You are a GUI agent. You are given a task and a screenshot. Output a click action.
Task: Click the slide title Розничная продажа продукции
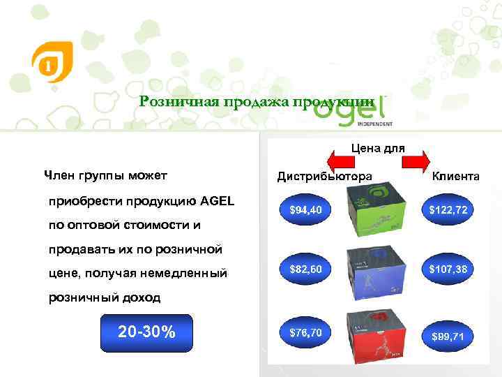coord(261,102)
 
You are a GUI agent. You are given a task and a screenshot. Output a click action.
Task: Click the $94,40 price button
coord(305,209)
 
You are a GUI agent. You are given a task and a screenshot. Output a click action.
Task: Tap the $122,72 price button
coord(449,209)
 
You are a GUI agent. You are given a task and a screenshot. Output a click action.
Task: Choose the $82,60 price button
coord(305,268)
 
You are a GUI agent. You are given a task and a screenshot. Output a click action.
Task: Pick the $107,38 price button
coord(449,268)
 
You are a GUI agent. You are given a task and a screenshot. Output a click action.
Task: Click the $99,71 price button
coord(449,336)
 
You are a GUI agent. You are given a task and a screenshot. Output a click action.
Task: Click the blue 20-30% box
coord(146,332)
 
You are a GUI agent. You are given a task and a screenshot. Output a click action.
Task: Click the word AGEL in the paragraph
coord(217,202)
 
